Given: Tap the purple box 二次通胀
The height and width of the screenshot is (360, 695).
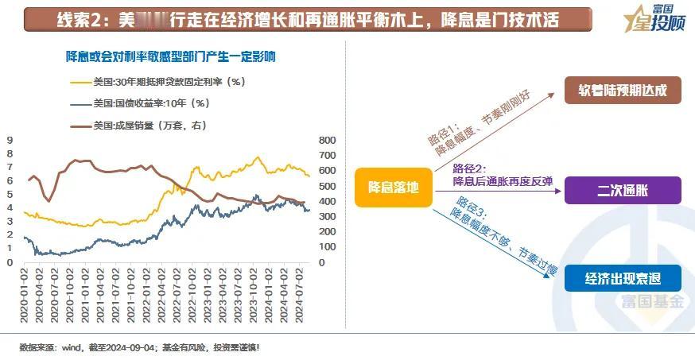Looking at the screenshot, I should (623, 191).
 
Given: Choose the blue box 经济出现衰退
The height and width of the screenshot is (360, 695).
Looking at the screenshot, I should (623, 279).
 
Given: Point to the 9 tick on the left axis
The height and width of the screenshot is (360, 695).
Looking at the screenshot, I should (10, 141).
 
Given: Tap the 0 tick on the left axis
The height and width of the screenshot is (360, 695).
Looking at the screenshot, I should (10, 262).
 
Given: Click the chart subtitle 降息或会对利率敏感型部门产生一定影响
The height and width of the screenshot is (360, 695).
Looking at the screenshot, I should (170, 56).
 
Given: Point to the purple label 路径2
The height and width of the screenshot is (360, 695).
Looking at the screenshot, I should (468, 168).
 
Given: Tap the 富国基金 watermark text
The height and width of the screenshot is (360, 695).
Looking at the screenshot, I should (652, 302).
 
